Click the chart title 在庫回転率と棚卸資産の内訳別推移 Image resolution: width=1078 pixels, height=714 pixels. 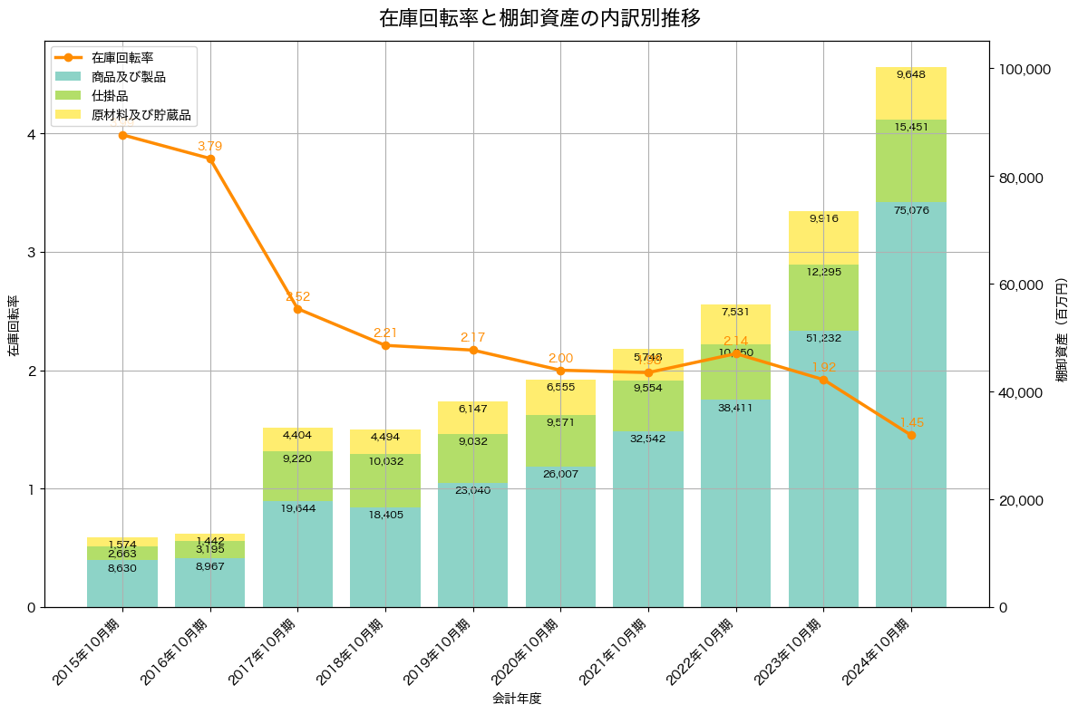coord(539,18)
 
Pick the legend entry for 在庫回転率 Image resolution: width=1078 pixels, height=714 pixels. coord(122,57)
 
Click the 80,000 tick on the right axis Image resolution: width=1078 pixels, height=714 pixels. coord(1025,178)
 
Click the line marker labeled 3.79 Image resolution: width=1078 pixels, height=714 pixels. coord(210,159)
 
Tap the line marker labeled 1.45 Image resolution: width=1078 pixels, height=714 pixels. coord(911,435)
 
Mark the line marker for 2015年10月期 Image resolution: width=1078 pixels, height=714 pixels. coord(122,135)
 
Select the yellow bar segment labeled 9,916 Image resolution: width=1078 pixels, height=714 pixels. coord(823,237)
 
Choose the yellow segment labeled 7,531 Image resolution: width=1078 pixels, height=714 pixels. coord(735,324)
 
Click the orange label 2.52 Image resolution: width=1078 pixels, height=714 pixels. coord(298,296)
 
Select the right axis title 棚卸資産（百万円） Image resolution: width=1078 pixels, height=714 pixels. coord(1063,343)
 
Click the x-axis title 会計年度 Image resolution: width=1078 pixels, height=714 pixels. coord(517,699)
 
